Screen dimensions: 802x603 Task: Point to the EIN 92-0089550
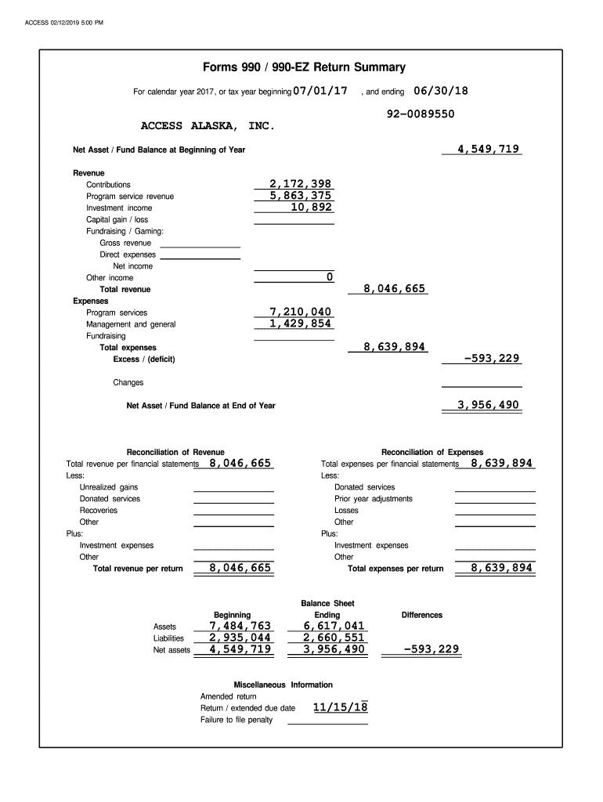pos(421,114)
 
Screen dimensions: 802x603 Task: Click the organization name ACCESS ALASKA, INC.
pos(208,125)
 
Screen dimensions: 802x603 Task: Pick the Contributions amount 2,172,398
pos(301,184)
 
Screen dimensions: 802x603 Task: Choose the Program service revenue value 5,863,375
pos(301,196)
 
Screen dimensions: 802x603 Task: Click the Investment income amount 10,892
pos(312,208)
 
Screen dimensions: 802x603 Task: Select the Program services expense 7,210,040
pos(301,312)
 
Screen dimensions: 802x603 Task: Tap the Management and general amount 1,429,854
pos(301,323)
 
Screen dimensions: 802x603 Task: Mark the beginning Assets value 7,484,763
pos(240,626)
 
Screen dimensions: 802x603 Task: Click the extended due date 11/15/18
pos(340,708)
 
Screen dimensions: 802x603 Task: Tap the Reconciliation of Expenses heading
pos(432,452)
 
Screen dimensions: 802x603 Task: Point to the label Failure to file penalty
pos(237,720)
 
